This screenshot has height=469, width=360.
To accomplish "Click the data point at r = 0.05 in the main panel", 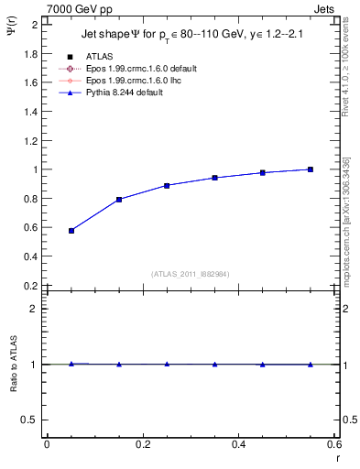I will click(x=71, y=231).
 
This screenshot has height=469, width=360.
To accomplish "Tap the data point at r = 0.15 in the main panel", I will click(x=119, y=200).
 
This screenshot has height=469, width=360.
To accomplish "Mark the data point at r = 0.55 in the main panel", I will click(x=311, y=169).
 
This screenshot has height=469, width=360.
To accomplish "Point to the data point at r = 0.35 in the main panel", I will click(x=214, y=178).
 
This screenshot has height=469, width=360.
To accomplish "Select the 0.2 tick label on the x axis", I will click(x=142, y=444).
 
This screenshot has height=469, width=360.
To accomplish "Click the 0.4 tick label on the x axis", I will click(x=238, y=444).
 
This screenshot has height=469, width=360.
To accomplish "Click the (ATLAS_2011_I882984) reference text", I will click(x=191, y=274).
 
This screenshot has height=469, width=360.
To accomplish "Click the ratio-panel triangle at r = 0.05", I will click(x=71, y=364).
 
